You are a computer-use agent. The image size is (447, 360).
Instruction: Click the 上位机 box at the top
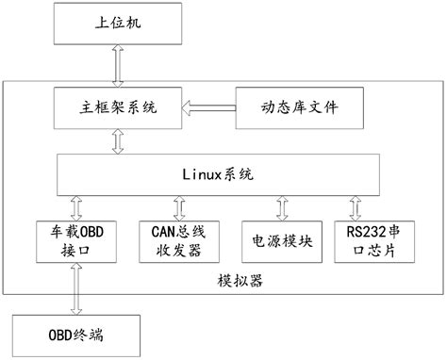tap(115, 24)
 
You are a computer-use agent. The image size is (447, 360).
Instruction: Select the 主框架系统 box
tap(117, 107)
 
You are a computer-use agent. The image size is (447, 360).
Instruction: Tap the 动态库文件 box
tap(299, 107)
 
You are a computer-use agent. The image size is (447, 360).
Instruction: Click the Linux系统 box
tap(218, 174)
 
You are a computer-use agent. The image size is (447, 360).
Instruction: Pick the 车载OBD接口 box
tap(74, 241)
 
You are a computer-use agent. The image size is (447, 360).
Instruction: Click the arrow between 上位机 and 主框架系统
tap(115, 65)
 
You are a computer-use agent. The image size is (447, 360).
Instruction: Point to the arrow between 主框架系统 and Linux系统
tap(117, 141)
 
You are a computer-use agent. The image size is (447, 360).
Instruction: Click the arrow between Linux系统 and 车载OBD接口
tap(74, 206)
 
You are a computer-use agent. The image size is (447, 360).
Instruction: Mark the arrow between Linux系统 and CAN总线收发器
tap(176, 206)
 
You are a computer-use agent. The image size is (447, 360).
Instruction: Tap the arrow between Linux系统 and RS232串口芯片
tap(356, 206)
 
